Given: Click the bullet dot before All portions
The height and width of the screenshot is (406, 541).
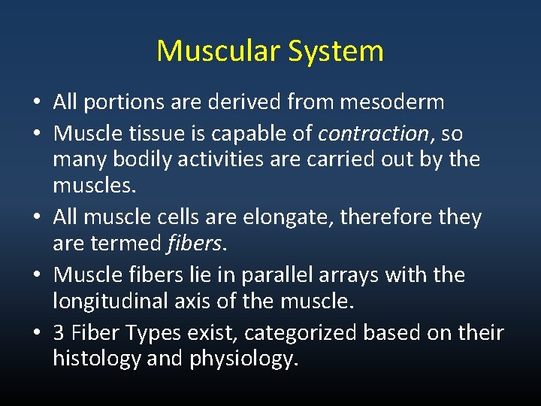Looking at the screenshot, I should click(35, 102).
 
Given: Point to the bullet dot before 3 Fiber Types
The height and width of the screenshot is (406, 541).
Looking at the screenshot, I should click(35, 333).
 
